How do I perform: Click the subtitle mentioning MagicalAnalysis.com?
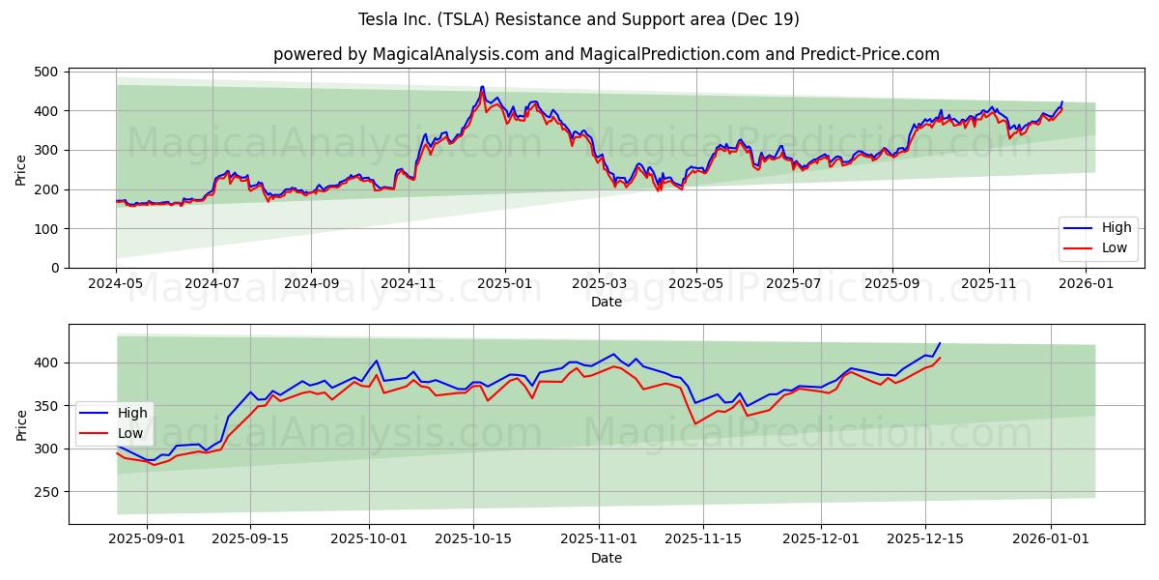pos(606,54)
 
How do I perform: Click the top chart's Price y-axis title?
pos(21,169)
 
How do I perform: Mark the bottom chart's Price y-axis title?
pos(21,424)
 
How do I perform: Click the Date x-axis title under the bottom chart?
pos(606,558)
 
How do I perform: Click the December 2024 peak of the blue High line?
pos(482,86)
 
